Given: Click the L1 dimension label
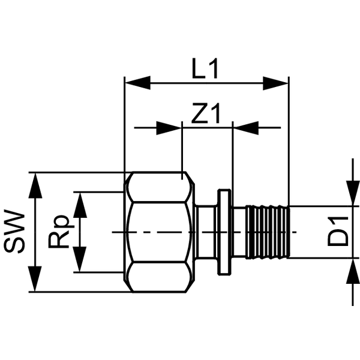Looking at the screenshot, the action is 205,68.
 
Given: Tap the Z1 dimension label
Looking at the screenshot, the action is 206,113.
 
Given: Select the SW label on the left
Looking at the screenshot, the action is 14,232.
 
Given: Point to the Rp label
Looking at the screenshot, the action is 58,232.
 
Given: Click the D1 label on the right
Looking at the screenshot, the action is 338,232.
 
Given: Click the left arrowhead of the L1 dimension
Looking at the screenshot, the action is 137,83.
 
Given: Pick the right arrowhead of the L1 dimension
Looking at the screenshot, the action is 275,83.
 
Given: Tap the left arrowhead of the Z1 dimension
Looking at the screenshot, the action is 169,128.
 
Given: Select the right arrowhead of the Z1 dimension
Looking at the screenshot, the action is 246,128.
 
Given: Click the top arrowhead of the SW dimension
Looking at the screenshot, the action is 35,185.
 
